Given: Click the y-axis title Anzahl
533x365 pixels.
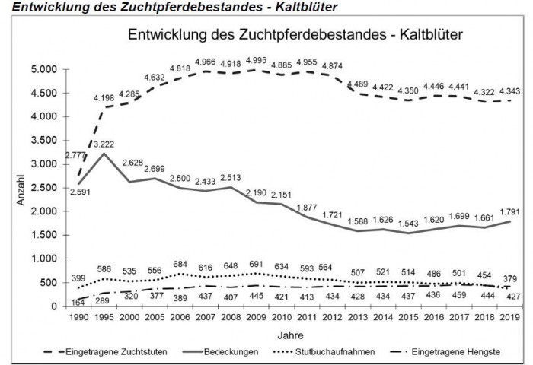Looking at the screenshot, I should click(x=21, y=188).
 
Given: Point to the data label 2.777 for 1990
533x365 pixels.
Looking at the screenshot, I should click(x=77, y=134).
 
